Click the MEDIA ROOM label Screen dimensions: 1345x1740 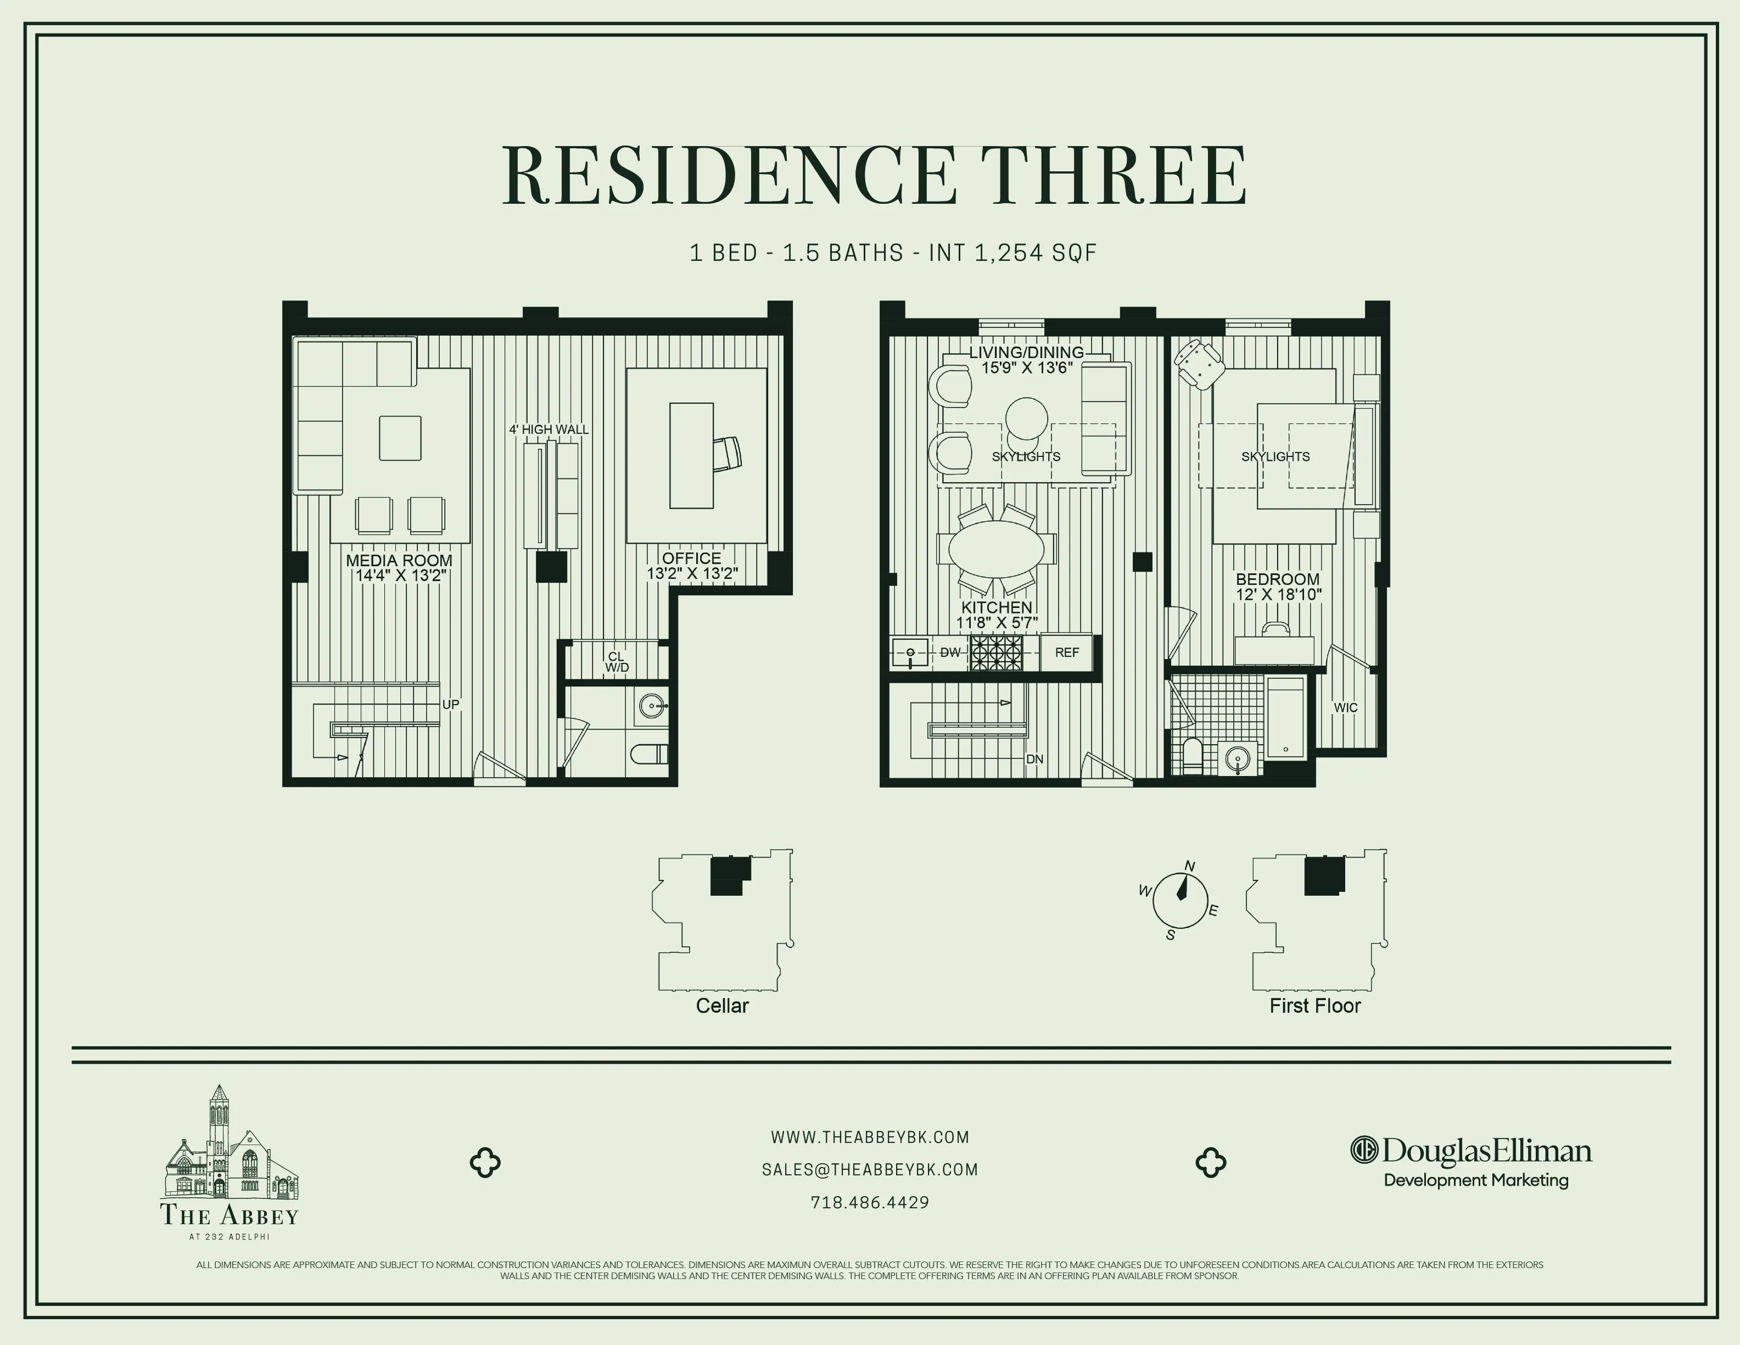(399, 561)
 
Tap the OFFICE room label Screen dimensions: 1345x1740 (691, 559)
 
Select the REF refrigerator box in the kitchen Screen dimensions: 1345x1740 (1067, 652)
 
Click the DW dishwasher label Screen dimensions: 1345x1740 (950, 652)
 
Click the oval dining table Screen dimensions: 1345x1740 (996, 549)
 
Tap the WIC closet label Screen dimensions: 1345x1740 (1346, 707)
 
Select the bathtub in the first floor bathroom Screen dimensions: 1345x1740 (1285, 717)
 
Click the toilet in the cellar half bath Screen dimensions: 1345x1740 (650, 753)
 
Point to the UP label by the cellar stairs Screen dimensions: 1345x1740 (451, 705)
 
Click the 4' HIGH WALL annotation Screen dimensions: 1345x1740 (549, 429)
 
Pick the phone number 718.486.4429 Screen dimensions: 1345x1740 (870, 1202)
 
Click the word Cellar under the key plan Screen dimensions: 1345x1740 (722, 1006)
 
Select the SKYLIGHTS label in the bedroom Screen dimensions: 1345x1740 (1275, 456)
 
